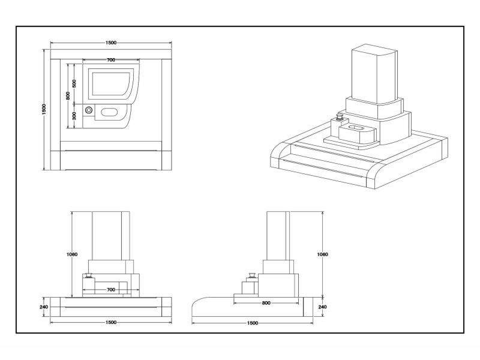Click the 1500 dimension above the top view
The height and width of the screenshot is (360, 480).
[111, 43]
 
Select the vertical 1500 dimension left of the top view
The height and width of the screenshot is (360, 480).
[44, 110]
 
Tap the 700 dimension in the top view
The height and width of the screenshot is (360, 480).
[111, 61]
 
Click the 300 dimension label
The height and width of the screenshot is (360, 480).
[74, 116]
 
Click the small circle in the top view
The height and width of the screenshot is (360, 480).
[89, 111]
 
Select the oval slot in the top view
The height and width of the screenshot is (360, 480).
[110, 111]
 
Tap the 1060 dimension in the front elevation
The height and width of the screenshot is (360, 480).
[71, 254]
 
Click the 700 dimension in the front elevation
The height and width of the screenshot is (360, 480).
[110, 290]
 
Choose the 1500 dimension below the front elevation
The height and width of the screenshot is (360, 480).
[110, 322]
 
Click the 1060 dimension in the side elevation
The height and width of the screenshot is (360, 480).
[323, 254]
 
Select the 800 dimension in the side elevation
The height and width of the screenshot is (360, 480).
[266, 302]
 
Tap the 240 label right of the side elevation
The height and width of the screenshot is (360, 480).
[323, 307]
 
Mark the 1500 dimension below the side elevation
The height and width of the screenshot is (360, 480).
[252, 323]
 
